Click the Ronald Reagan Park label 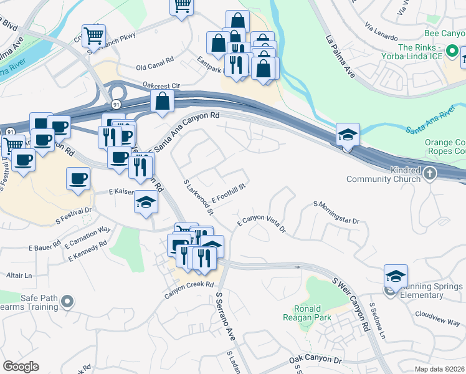[307, 314]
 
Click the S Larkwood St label [199, 198]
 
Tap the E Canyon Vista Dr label [261, 225]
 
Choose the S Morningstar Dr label [337, 213]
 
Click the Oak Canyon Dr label [316, 361]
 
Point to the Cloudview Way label [437, 318]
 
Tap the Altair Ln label [19, 275]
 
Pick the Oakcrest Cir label [161, 85]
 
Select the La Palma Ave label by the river [340, 57]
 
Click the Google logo [21, 367]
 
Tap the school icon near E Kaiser [146, 203]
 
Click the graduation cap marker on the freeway [348, 133]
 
